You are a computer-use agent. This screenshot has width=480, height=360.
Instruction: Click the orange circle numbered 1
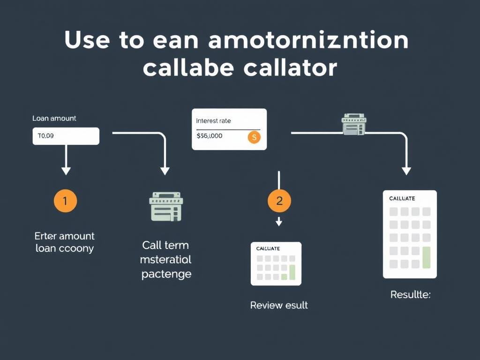click(65, 201)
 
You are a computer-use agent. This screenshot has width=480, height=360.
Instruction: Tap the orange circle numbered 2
click(279, 201)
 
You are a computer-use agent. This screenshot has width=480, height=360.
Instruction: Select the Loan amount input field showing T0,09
click(66, 136)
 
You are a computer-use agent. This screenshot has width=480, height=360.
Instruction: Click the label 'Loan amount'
click(54, 119)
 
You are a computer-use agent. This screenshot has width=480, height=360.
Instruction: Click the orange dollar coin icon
click(254, 137)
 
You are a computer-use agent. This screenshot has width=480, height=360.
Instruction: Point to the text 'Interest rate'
click(213, 121)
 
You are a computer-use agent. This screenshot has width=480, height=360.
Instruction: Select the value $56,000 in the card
click(210, 136)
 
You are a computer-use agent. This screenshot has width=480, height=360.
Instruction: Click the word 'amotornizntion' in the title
click(308, 41)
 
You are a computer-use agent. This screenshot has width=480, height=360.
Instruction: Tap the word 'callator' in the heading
click(290, 68)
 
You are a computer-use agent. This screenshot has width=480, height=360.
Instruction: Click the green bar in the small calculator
click(292, 271)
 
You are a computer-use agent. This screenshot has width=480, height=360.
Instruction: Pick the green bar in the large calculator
click(426, 257)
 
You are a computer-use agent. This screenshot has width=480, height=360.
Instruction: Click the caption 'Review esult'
click(279, 305)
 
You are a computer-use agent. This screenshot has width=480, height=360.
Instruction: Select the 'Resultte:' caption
click(410, 295)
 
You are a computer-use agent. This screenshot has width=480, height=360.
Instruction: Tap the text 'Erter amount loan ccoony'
click(65, 242)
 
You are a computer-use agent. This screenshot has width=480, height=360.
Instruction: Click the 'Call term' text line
click(165, 245)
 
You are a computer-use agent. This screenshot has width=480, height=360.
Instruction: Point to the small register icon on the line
click(354, 124)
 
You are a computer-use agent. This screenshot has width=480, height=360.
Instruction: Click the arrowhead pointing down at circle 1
click(66, 171)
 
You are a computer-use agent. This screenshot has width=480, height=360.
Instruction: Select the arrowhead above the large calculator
click(406, 171)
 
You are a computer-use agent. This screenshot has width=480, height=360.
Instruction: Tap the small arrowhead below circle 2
click(279, 222)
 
